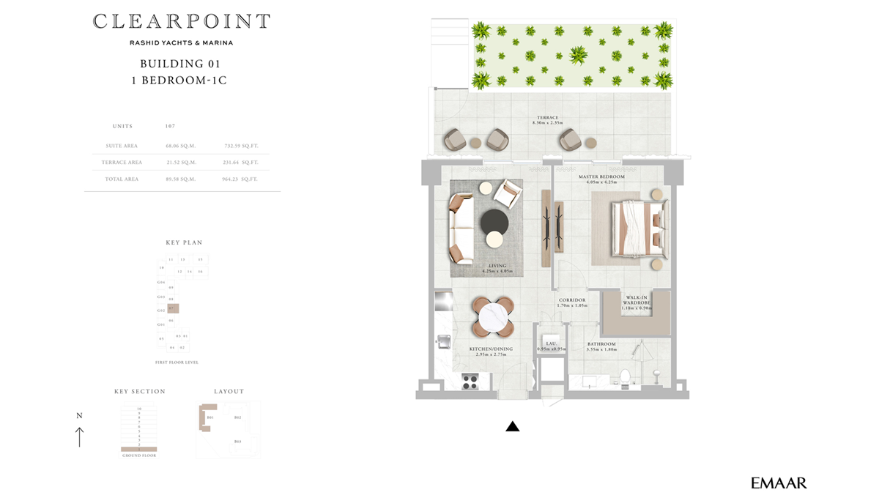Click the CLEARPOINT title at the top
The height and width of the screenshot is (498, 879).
pos(181,21)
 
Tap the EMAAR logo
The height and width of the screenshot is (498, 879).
pos(779,483)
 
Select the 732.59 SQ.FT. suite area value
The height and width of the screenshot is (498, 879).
pos(241,146)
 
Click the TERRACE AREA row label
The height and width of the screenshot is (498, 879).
pos(122,163)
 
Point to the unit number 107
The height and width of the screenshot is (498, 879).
pos(170,127)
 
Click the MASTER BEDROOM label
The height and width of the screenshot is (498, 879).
pos(601,177)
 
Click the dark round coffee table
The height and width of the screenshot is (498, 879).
pos(494,220)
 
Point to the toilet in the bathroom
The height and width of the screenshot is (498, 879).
pos(625,376)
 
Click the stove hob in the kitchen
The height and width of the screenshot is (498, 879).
pos(470,381)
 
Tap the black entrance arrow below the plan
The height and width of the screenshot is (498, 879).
pos(512,426)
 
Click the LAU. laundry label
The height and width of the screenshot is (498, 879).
pos(551,344)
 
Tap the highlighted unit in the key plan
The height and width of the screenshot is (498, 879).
pos(173,309)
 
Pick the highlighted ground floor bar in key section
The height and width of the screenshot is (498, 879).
pos(138,449)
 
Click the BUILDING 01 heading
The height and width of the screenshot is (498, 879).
pos(180,64)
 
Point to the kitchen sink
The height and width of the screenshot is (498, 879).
pos(444,341)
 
